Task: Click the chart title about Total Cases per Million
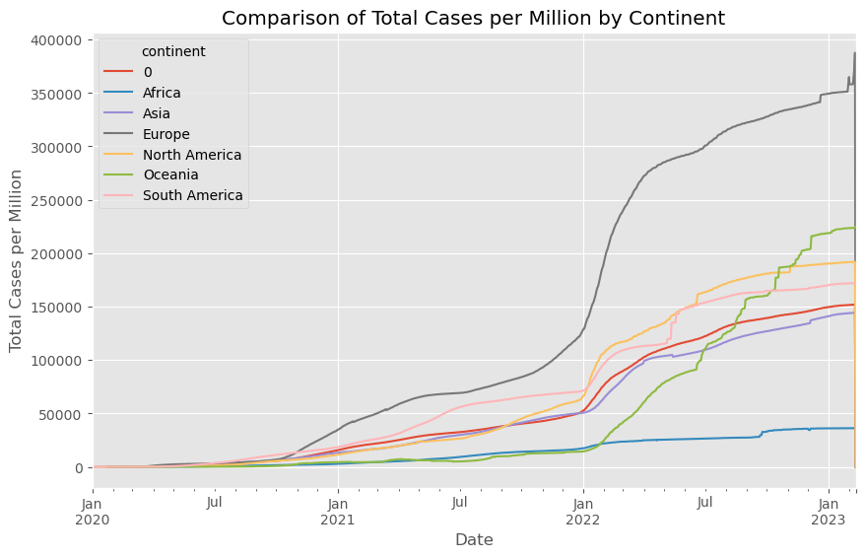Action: [474, 18]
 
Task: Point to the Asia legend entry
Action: [159, 112]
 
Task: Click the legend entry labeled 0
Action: [148, 72]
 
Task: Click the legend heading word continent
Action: [173, 51]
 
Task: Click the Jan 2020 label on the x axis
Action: [94, 511]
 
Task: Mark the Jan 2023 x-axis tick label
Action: [828, 511]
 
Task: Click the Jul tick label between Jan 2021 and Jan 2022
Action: [460, 503]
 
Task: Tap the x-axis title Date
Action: [474, 540]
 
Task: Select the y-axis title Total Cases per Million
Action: [17, 260]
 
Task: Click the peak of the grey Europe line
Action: [854, 53]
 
